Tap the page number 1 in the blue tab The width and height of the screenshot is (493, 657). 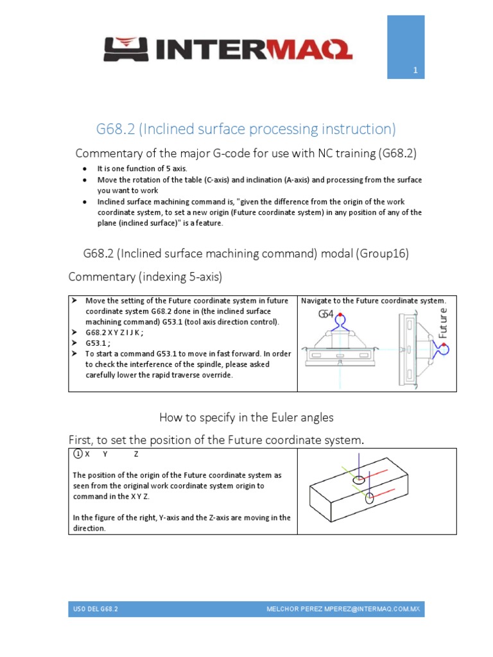click(x=415, y=73)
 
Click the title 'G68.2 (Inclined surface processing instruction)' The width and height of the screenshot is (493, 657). click(x=246, y=129)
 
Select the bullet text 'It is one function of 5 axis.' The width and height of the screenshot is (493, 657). click(x=142, y=167)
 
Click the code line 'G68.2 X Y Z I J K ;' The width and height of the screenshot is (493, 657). click(x=114, y=333)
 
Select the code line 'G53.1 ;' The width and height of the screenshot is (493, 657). click(x=98, y=343)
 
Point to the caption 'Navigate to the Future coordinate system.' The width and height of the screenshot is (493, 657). click(x=373, y=301)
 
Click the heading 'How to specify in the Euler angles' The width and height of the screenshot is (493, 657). click(x=246, y=418)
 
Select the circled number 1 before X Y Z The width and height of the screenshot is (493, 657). click(x=77, y=454)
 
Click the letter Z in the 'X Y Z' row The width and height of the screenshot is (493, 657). click(x=135, y=454)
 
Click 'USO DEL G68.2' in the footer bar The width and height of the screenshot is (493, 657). click(x=96, y=608)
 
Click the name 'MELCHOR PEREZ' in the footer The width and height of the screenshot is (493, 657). click(x=292, y=608)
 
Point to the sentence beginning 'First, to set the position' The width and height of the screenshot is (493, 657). click(x=216, y=439)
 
